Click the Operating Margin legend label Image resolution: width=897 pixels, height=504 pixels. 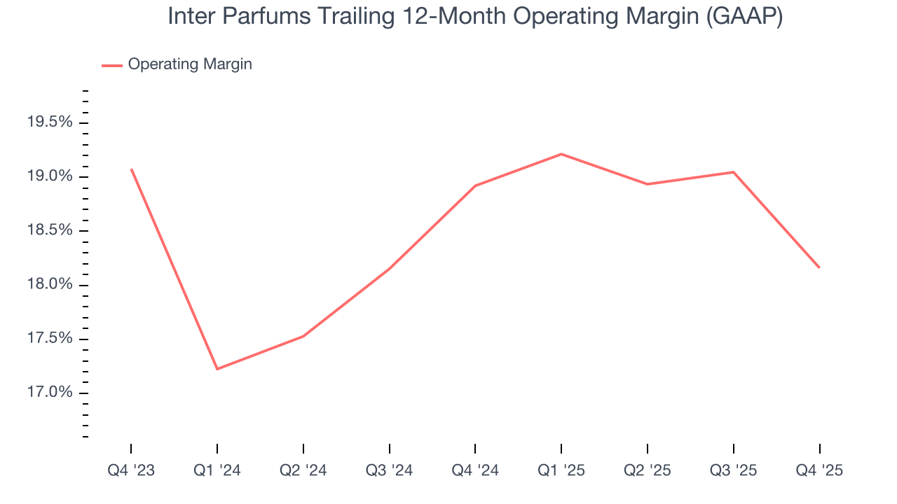click(x=190, y=64)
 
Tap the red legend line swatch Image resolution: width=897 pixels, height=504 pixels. click(x=112, y=65)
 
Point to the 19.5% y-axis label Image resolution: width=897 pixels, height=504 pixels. click(x=50, y=122)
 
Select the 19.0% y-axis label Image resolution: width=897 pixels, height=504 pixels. click(x=50, y=176)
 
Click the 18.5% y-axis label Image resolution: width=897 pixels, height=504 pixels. click(x=50, y=231)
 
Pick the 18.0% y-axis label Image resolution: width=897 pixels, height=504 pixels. click(x=50, y=285)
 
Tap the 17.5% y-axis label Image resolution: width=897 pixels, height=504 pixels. click(x=50, y=339)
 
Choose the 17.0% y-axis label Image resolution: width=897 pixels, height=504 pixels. click(x=50, y=393)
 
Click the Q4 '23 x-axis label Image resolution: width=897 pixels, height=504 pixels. click(x=131, y=471)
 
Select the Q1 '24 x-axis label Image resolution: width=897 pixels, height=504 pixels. click(x=217, y=471)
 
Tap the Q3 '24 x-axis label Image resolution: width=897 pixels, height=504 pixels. click(x=389, y=471)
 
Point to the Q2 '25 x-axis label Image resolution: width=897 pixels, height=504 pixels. click(x=647, y=471)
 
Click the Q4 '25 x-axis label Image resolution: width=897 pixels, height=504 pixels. click(x=819, y=471)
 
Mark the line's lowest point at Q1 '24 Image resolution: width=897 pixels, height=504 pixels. click(x=217, y=369)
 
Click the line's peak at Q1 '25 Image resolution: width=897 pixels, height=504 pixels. click(x=561, y=154)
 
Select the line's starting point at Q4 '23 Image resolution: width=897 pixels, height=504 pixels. click(x=131, y=169)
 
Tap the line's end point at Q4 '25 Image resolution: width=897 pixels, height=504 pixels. click(x=819, y=267)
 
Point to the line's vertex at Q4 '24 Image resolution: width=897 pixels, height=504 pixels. click(x=475, y=185)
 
